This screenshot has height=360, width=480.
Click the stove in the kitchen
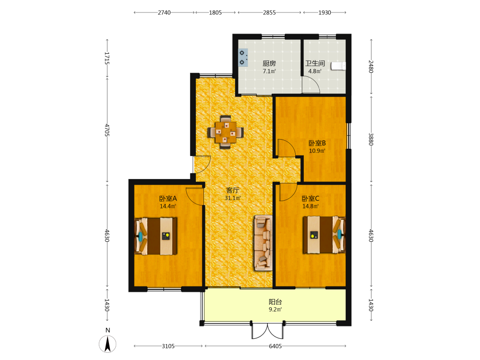[x=243, y=58]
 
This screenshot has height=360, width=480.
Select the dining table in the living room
[x=226, y=132]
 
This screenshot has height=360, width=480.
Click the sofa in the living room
[x=263, y=243]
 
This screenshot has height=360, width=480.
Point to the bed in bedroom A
[x=156, y=236]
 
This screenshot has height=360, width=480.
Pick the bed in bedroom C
[x=324, y=235]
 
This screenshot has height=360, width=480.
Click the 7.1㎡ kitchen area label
[x=269, y=72]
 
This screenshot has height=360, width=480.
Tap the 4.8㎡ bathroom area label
[x=315, y=72]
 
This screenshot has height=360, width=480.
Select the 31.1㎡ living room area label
[x=233, y=198]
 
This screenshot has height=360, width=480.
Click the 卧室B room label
[x=317, y=143]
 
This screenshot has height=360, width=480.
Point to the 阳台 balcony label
[x=276, y=302]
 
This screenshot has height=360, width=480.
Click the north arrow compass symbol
[x=108, y=344]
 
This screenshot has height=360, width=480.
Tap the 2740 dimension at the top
[x=164, y=12]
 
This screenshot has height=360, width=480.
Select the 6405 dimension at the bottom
[x=275, y=346]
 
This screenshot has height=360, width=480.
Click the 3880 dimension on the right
[x=371, y=139]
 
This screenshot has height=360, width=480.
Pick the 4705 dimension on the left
[x=107, y=130]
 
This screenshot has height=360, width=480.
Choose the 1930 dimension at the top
[x=324, y=12]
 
